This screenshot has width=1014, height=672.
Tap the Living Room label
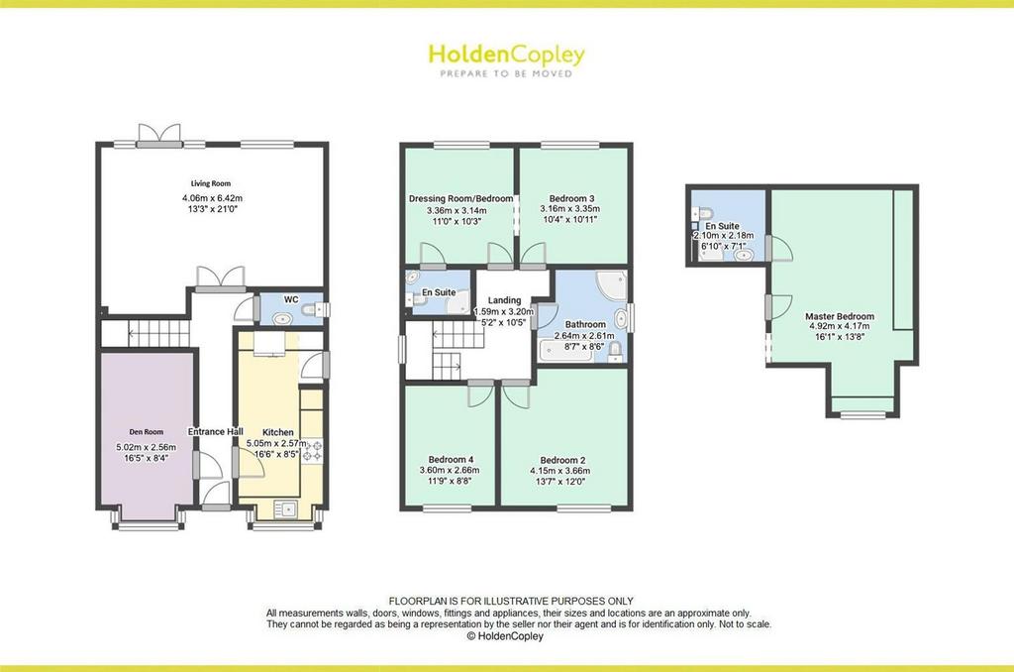(211, 183)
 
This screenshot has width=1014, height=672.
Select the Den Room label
(147, 432)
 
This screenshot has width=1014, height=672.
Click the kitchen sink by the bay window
(284, 509)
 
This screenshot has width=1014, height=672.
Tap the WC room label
(291, 299)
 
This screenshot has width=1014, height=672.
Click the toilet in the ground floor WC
(314, 311)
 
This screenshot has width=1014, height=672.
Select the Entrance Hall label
(215, 432)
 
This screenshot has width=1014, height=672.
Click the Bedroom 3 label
(571, 198)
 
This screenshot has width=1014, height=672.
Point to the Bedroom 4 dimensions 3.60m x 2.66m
(450, 471)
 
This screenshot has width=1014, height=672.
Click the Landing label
(504, 300)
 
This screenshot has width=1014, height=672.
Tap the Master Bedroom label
(840, 316)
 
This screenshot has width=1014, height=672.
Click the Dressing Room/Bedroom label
(461, 199)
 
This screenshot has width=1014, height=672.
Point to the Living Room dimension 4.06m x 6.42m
(212, 198)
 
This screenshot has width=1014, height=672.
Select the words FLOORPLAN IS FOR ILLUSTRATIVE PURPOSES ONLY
(511, 602)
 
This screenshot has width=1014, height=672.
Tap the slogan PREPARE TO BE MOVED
(506, 73)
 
